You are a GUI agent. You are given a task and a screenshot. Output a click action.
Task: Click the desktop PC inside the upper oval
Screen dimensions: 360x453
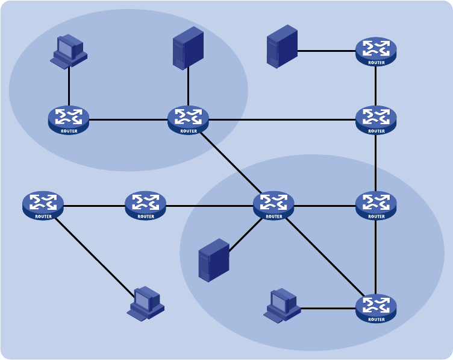click(68, 51)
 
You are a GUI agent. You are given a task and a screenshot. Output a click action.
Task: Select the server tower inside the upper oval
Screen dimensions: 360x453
click(188, 48)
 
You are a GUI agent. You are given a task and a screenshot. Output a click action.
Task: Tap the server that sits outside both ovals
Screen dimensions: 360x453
click(282, 46)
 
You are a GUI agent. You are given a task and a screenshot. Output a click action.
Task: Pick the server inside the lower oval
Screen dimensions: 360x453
click(214, 260)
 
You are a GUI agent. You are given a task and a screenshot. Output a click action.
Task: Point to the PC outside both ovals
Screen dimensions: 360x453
click(146, 303)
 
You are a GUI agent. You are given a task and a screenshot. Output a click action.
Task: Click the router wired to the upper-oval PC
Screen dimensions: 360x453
click(69, 119)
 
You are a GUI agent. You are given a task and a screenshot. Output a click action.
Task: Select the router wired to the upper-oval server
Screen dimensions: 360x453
click(189, 119)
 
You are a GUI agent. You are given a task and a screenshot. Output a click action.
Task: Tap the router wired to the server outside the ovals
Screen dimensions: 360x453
click(376, 52)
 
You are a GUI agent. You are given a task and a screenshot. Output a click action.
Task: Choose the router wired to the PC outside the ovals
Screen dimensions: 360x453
click(43, 205)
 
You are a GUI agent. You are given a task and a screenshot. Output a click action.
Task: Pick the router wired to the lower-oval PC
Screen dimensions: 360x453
click(376, 308)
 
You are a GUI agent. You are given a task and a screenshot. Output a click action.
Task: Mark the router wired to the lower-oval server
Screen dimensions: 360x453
click(273, 205)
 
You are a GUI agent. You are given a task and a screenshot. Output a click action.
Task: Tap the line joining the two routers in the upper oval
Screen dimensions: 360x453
click(128, 119)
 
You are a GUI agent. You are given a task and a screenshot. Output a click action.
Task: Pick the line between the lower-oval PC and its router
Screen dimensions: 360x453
click(328, 308)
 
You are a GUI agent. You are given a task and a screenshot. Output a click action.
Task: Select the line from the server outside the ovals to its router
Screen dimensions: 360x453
click(326, 51)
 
